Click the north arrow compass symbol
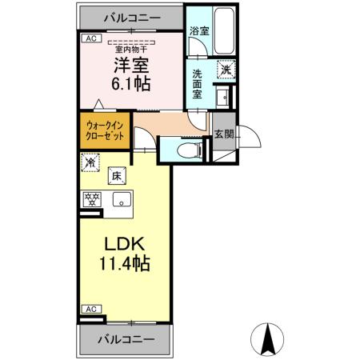pos(270,339)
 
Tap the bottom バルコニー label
pos(125,340)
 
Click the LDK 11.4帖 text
pos(124,251)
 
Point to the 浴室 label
pos(198,32)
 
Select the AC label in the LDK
pos(90,308)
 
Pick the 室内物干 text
pos(130,47)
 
